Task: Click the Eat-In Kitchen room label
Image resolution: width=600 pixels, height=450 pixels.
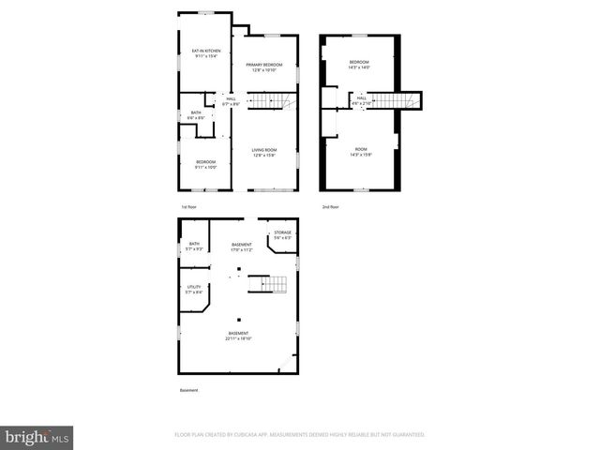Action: point(204,53)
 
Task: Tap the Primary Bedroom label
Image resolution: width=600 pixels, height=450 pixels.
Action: point(264,67)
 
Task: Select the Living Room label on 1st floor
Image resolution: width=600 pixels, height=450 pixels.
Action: point(263,153)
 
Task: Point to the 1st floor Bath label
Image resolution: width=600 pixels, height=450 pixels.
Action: point(195,114)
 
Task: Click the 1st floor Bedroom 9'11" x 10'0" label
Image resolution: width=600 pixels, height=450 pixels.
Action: point(206,165)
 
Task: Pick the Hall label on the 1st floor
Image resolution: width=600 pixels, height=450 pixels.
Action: point(230,99)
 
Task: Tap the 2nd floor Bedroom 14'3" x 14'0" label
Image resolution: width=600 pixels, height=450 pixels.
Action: point(359,65)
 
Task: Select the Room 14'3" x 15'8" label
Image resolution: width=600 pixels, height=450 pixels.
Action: point(360,152)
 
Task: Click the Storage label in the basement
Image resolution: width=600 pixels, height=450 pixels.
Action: point(282,235)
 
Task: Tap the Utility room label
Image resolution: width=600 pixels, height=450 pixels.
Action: point(194,289)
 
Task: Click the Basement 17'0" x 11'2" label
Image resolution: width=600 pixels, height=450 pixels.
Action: point(242,247)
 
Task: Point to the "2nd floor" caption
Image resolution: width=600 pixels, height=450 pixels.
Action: point(330,206)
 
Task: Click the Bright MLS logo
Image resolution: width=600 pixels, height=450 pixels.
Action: point(37,437)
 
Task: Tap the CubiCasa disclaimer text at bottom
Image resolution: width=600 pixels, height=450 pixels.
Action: point(300,435)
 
